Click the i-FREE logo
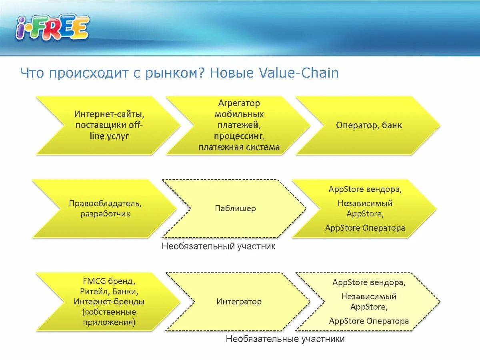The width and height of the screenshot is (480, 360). pyautogui.click(x=52, y=28)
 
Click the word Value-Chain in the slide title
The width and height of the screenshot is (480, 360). pyautogui.click(x=299, y=73)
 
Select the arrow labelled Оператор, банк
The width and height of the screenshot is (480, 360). pyautogui.click(x=368, y=125)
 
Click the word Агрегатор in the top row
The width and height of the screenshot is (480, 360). pyautogui.click(x=239, y=103)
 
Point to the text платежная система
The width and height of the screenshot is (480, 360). pyautogui.click(x=239, y=148)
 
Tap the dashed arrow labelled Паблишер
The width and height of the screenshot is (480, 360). pyautogui.click(x=235, y=208)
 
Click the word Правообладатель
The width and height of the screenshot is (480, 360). pyautogui.click(x=105, y=203)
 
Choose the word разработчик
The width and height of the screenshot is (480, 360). pyautogui.click(x=105, y=214)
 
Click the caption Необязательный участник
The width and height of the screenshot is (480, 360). pyautogui.click(x=218, y=246)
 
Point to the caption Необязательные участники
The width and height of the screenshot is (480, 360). pyautogui.click(x=285, y=339)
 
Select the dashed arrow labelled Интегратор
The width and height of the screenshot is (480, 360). pyautogui.click(x=239, y=302)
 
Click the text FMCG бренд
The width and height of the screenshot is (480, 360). pyautogui.click(x=109, y=281)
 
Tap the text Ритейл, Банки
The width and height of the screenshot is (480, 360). pyautogui.click(x=109, y=291)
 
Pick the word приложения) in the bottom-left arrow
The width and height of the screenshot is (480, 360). pyautogui.click(x=109, y=322)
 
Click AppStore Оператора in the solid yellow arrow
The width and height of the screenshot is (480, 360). pyautogui.click(x=365, y=228)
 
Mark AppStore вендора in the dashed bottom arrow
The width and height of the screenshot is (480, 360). pyautogui.click(x=369, y=283)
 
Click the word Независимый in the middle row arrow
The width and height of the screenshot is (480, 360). pyautogui.click(x=365, y=203)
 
